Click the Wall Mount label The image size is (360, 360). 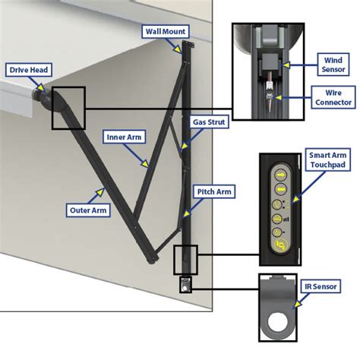[166, 32]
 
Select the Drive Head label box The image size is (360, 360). [29, 70]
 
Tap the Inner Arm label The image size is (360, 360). [124, 137]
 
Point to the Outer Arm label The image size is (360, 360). [88, 210]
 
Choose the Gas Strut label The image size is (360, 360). [209, 122]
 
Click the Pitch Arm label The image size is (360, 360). [214, 191]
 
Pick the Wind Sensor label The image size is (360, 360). [333, 65]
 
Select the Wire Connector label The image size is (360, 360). [333, 97]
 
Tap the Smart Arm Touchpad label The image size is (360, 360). [328, 159]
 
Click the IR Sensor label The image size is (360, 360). [321, 286]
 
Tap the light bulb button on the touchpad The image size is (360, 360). [277, 204]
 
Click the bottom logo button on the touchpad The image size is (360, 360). [281, 245]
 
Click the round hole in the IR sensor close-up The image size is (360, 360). [277, 322]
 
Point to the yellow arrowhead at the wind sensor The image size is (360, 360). [286, 65]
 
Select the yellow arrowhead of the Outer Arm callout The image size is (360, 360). [100, 192]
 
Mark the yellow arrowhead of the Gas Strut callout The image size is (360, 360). [185, 146]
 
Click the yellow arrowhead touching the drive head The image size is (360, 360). [41, 88]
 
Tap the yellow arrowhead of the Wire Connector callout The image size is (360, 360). [278, 97]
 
